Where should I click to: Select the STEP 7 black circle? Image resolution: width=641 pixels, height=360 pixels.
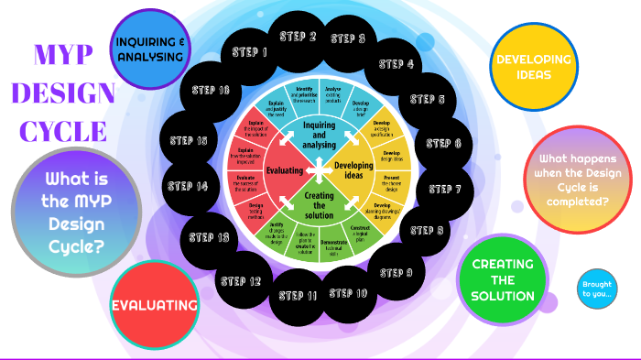(x=444, y=190)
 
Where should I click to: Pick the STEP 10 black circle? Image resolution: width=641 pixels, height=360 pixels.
(x=348, y=293)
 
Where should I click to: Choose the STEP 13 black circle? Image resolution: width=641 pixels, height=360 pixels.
(x=209, y=237)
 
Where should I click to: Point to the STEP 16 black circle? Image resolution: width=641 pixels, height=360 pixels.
(x=211, y=90)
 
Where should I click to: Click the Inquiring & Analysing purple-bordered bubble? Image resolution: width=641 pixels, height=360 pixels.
(x=149, y=49)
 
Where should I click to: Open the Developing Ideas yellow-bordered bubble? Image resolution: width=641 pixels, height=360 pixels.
(x=533, y=66)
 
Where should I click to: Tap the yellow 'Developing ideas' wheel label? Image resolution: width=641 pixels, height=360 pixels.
(x=353, y=170)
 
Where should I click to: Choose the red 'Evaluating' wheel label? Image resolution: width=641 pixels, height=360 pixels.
(x=285, y=169)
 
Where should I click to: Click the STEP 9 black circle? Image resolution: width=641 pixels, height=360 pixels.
(x=397, y=272)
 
